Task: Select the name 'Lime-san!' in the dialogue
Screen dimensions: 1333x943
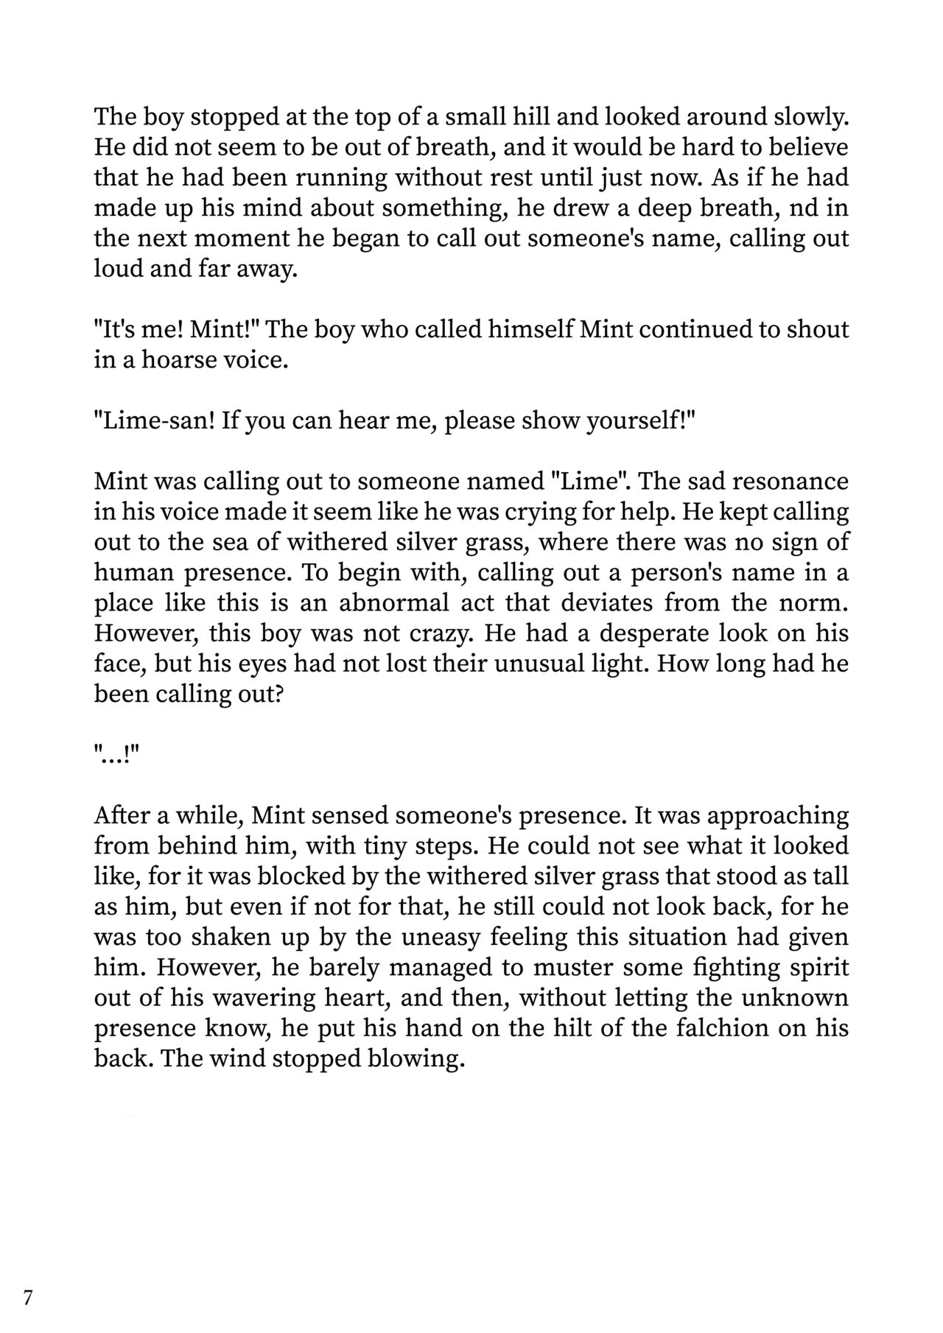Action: [154, 421]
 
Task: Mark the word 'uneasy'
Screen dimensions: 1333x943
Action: [437, 938]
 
